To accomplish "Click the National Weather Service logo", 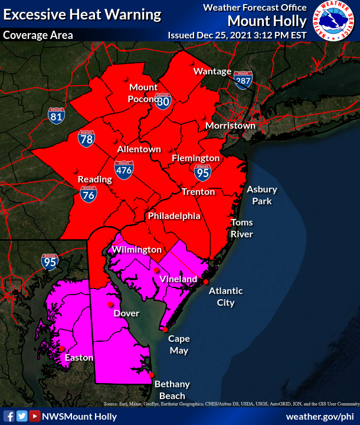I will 335,22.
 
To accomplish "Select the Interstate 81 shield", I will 57,115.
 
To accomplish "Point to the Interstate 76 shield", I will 89,193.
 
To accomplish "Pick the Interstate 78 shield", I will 86,139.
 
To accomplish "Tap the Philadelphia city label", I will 174,216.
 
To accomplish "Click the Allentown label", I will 139,149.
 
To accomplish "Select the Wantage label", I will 212,71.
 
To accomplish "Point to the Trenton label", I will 198,192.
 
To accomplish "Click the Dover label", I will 126,313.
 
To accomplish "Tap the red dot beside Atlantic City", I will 206,282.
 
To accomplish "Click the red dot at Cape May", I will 165,329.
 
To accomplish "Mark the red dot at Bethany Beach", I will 152,375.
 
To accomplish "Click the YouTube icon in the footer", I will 34,416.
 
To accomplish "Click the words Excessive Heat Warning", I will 82,14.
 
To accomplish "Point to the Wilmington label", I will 137,250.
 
